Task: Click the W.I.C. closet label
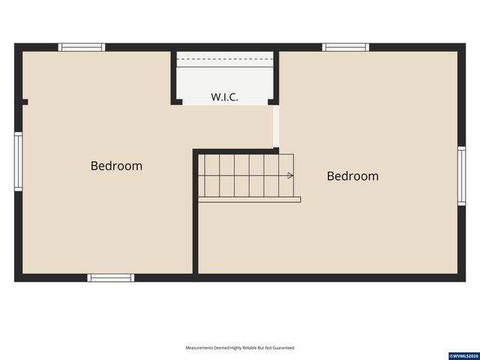224,97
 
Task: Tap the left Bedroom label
117,166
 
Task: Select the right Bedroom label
352,176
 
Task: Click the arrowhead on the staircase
290,175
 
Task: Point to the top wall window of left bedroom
82,47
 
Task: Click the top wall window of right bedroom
346,47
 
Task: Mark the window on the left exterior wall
18,162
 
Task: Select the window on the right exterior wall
462,176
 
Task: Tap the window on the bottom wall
111,277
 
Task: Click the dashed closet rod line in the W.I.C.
225,58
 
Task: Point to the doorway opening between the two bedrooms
276,127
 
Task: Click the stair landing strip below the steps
249,199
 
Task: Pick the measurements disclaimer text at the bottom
240,348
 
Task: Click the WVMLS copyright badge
463,356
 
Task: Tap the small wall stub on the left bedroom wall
25,102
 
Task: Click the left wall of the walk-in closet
174,78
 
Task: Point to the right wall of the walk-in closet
276,78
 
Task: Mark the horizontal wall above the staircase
235,151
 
